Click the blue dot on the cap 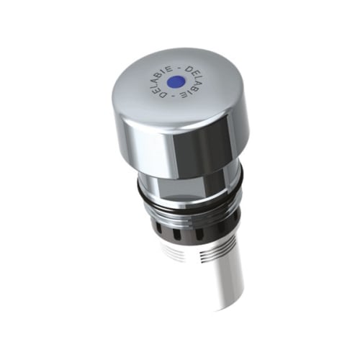176,81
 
